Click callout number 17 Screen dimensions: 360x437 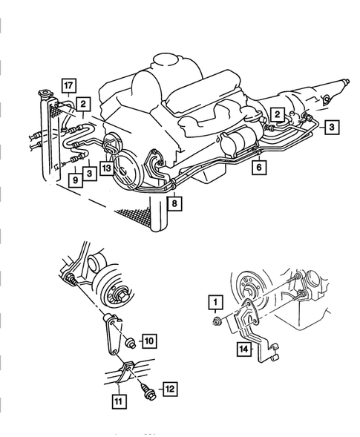point(68,86)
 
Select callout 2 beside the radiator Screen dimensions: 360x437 point(83,104)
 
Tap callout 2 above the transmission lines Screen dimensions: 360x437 point(277,114)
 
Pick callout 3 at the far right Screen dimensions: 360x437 point(332,128)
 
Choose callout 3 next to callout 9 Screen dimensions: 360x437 point(90,174)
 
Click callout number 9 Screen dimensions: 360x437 point(76,180)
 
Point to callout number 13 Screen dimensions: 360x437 point(107,168)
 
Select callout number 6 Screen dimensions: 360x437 point(259,168)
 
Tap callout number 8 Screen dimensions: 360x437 point(174,203)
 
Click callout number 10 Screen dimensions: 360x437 point(149,341)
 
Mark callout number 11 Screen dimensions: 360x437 point(119,401)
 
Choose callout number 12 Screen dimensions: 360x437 point(170,389)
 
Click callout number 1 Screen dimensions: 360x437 point(215,302)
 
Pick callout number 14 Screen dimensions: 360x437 point(244,349)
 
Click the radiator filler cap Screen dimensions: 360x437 point(44,93)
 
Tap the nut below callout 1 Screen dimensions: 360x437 point(216,321)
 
